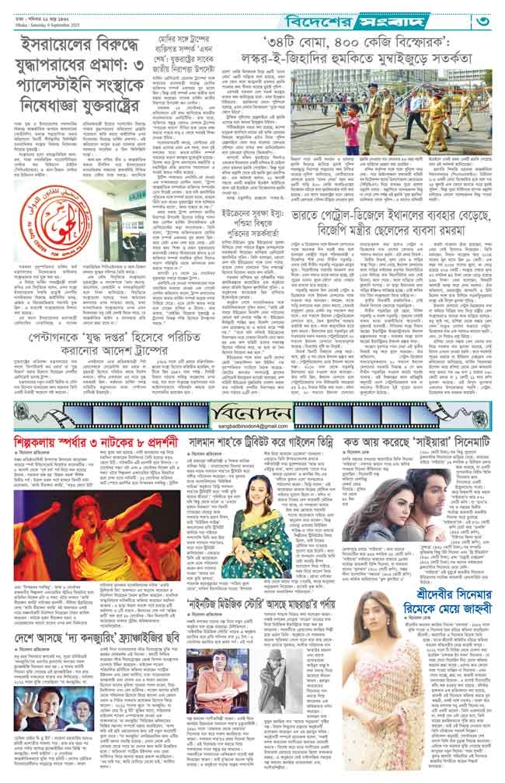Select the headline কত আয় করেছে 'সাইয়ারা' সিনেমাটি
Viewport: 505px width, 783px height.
422,449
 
